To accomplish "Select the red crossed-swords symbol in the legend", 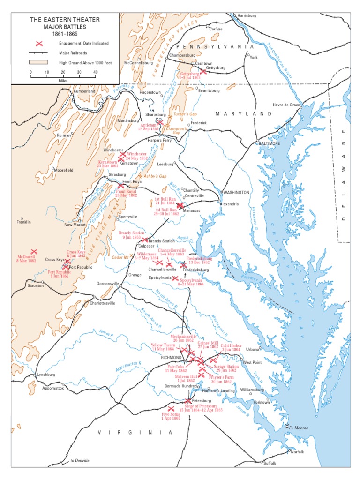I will pyautogui.click(x=40, y=43).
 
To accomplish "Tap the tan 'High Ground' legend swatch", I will pyautogui.click(x=39, y=61).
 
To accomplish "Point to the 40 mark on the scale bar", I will pyautogui.click(x=95, y=72).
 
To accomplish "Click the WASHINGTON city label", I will pyautogui.click(x=237, y=193).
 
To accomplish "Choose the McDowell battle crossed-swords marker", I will pyautogui.click(x=34, y=252).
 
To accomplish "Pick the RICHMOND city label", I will pyautogui.click(x=171, y=357).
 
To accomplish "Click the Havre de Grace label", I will pyautogui.click(x=287, y=105).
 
